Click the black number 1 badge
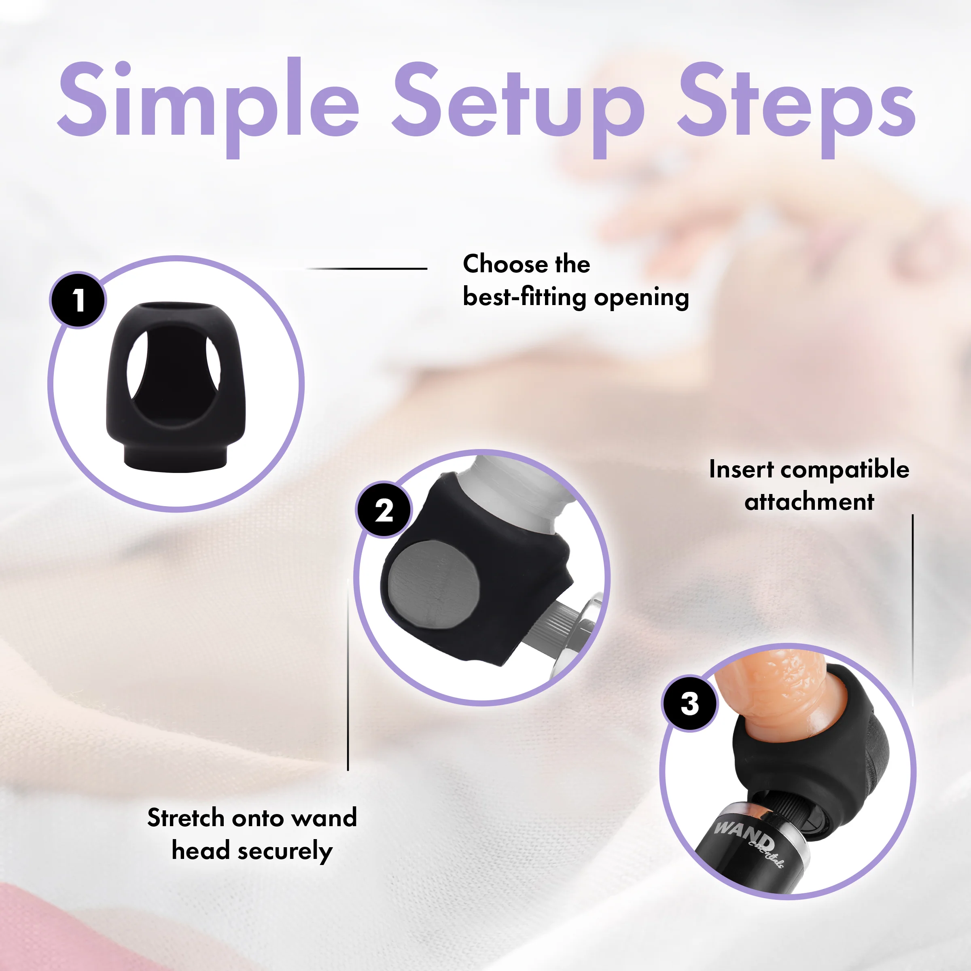(78, 300)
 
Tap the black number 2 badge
(384, 510)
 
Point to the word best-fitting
(525, 297)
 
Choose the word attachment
(809, 502)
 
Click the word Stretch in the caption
(186, 817)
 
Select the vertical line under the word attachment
(913, 610)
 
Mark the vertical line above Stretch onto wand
(348, 674)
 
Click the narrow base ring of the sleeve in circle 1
(175, 457)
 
